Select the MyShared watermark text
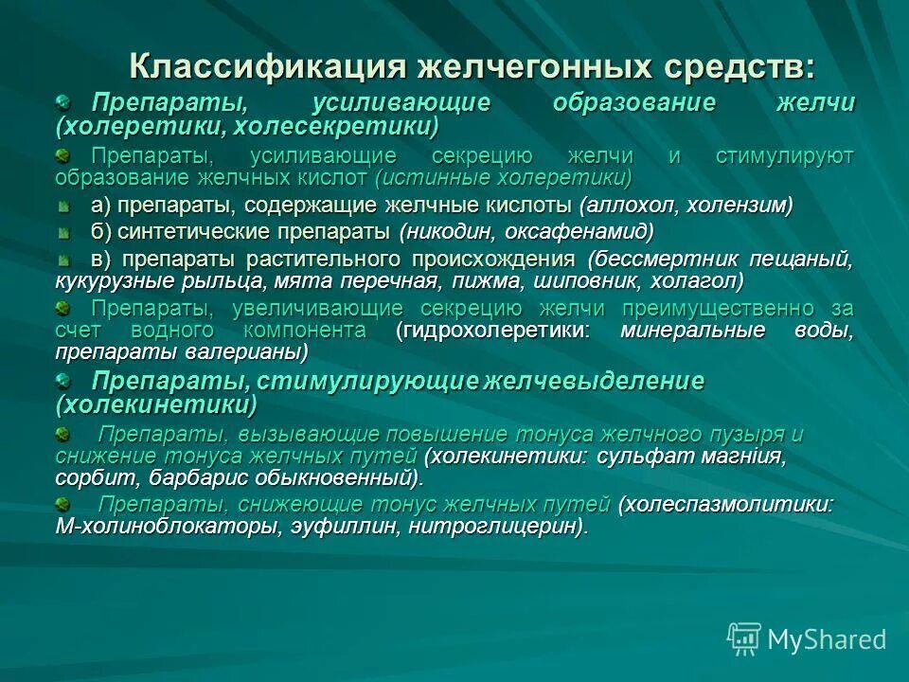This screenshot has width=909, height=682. coord(827,639)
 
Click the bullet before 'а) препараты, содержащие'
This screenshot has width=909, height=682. coord(63,205)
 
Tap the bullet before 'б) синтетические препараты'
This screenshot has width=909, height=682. coord(63,231)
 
